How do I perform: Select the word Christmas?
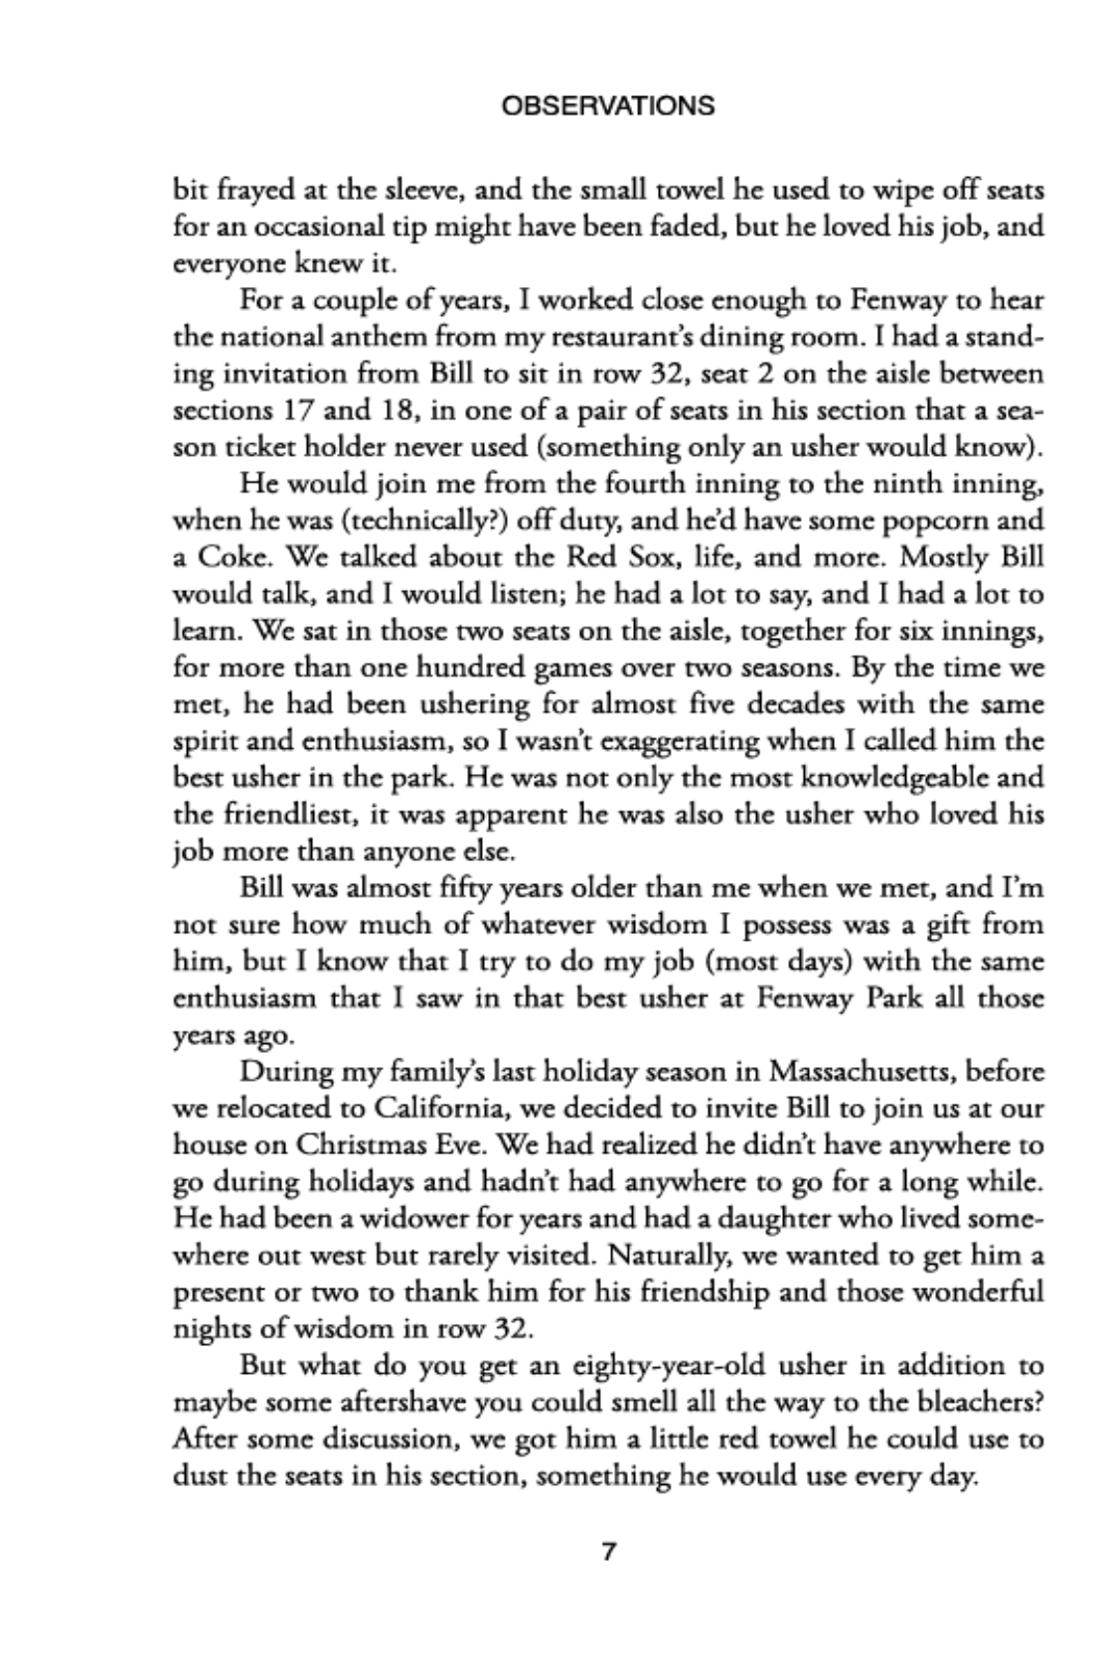pyautogui.click(x=362, y=1145)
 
